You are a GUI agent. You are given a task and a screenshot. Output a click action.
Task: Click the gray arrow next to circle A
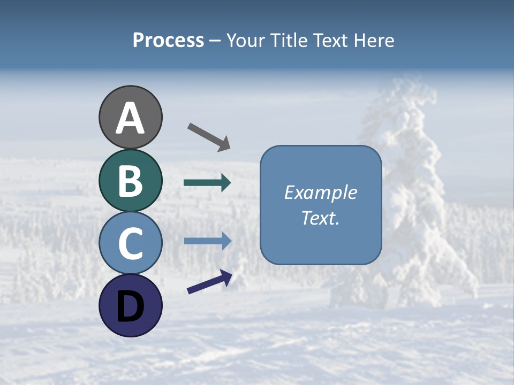[x=209, y=136]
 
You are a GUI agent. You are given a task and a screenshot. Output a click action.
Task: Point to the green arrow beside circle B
[x=207, y=183]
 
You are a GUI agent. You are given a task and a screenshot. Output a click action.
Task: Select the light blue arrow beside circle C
[x=207, y=241]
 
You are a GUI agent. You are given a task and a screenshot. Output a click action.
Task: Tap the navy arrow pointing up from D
[x=209, y=282]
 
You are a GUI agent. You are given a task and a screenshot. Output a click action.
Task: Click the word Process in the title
[x=168, y=41]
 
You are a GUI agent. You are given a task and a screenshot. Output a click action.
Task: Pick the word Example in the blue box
[x=320, y=192]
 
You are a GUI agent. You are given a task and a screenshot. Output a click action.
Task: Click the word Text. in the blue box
[x=320, y=218]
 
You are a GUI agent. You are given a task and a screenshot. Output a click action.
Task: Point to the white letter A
[x=130, y=118]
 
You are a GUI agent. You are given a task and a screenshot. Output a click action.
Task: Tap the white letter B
[x=130, y=181]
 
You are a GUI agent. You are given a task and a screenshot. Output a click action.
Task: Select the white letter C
[x=130, y=244]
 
